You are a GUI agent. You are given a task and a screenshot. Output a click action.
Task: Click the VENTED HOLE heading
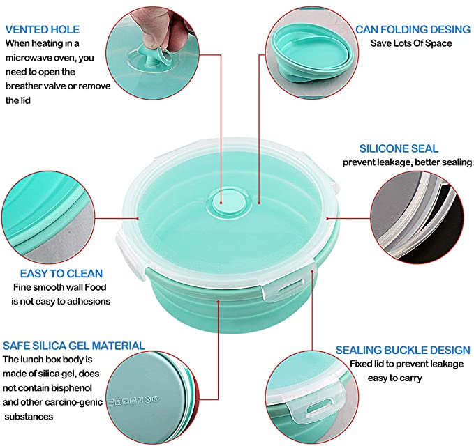43,29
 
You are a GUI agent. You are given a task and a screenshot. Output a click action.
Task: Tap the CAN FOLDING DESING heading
413,29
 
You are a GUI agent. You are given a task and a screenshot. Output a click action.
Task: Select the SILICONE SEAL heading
399,148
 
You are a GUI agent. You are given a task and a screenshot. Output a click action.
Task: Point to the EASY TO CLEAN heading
61,273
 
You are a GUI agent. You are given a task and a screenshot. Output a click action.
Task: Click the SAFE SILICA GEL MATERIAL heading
74,346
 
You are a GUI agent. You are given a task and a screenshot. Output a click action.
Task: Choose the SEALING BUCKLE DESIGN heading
403,350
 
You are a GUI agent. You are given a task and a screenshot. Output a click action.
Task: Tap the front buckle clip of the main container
283,289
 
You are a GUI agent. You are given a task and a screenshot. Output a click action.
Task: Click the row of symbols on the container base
133,401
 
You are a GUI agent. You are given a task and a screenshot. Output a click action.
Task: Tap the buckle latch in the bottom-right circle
318,400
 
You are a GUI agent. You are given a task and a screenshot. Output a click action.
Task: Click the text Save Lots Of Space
411,43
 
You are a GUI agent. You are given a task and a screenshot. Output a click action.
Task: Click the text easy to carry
395,378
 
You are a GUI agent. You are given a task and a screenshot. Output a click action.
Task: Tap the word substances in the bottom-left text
29,417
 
